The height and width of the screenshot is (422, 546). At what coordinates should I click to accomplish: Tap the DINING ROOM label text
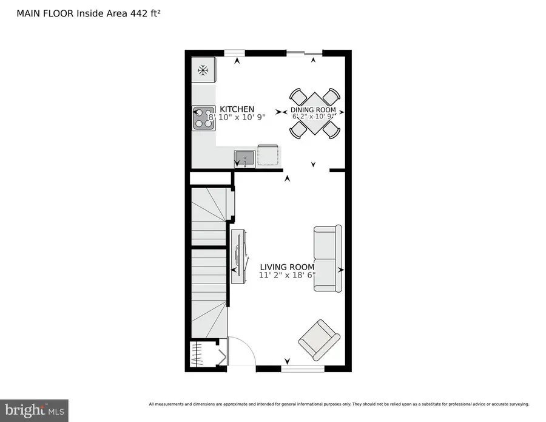313,110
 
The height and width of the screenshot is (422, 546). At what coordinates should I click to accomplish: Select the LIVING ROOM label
287,267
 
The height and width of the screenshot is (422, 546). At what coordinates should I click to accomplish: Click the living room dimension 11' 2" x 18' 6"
287,276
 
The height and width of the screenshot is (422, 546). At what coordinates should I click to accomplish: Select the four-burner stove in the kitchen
204,118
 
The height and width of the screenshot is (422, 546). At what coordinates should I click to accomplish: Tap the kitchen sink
244,158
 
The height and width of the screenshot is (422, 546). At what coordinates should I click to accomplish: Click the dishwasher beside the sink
268,155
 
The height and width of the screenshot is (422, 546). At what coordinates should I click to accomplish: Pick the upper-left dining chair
298,97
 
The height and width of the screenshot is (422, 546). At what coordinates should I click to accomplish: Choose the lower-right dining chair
331,129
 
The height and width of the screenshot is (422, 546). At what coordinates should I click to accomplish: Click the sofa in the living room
327,259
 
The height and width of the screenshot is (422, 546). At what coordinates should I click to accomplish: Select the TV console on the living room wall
238,256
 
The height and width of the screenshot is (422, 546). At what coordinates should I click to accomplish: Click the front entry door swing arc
240,349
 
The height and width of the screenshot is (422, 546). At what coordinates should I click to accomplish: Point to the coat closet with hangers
200,353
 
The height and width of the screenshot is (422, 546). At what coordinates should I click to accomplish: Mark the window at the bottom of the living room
303,368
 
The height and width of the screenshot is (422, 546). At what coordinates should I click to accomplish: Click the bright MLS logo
34,410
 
